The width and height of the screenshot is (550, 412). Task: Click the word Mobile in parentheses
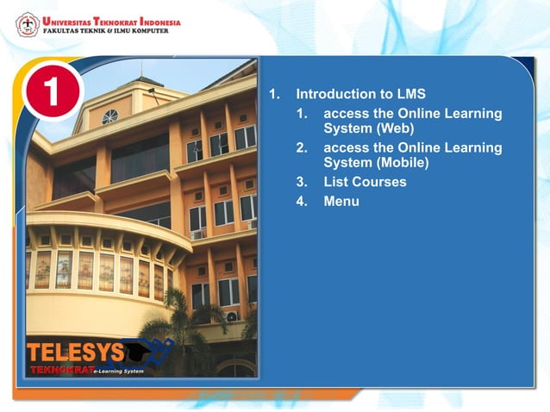tap(409, 161)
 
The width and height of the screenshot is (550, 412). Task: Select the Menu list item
tap(341, 202)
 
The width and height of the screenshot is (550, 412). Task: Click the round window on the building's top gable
tap(109, 116)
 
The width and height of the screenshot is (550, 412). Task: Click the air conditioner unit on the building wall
tap(232, 316)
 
